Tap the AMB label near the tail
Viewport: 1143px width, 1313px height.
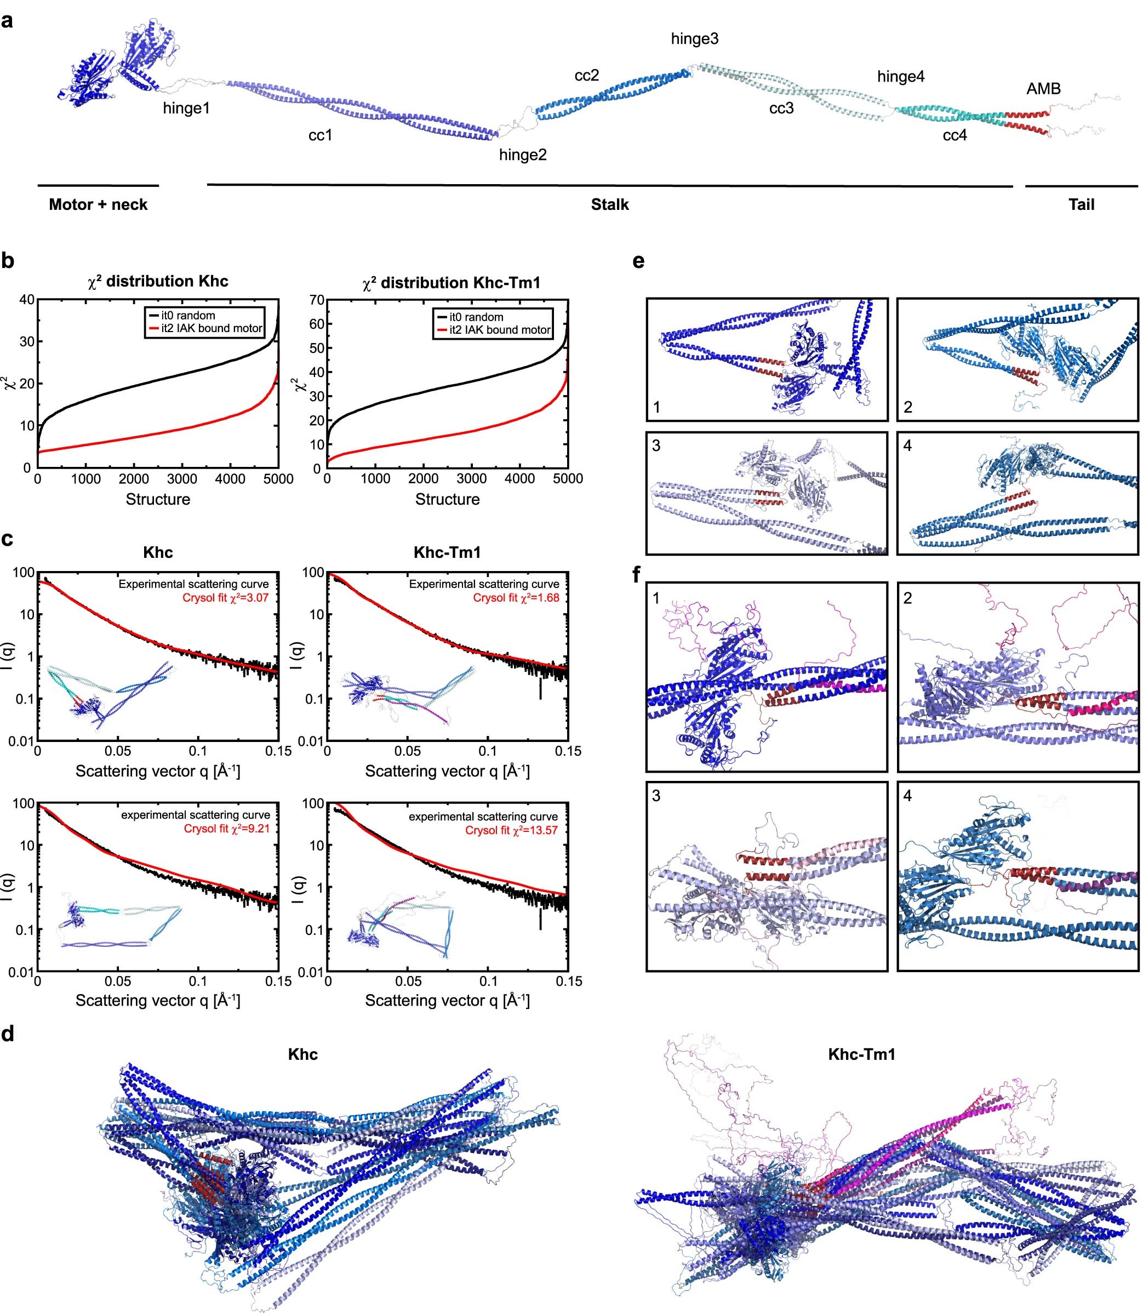pyautogui.click(x=1043, y=89)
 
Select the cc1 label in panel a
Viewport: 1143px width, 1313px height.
pyautogui.click(x=320, y=135)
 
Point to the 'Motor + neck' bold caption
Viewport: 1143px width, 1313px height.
pyautogui.click(x=98, y=205)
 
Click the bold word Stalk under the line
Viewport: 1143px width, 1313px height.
pyautogui.click(x=609, y=205)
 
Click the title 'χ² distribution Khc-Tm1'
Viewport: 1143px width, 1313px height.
pyautogui.click(x=451, y=283)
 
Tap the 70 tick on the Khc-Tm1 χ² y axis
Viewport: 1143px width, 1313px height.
pyautogui.click(x=317, y=300)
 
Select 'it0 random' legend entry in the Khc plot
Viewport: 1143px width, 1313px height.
pyautogui.click(x=187, y=315)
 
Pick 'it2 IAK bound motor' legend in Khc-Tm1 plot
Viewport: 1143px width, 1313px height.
pyautogui.click(x=499, y=330)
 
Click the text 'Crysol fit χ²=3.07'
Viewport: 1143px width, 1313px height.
pyautogui.click(x=225, y=598)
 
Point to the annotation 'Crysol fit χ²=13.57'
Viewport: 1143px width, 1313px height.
pyautogui.click(x=511, y=830)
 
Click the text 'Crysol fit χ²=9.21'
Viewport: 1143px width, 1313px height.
pyautogui.click(x=226, y=829)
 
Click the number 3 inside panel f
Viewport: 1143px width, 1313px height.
pyautogui.click(x=656, y=796)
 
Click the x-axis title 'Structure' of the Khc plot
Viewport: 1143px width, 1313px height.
pyautogui.click(x=158, y=500)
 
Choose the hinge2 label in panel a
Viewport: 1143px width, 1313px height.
pyautogui.click(x=522, y=155)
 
